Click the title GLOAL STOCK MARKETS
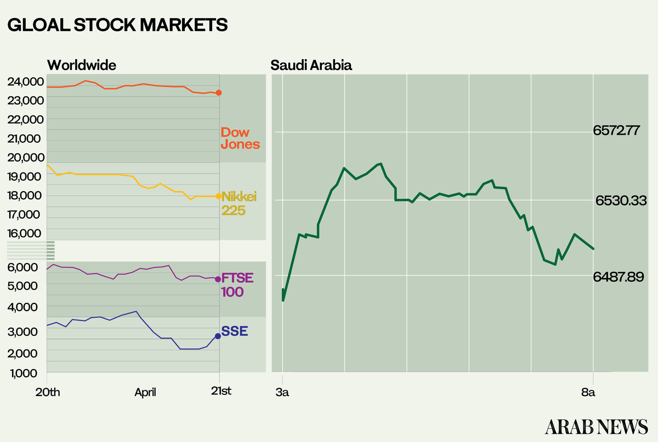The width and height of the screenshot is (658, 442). pos(117,25)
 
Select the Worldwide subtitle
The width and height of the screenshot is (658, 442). pos(82,65)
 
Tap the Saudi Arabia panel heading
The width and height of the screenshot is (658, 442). pos(311,66)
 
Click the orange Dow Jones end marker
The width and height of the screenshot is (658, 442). pos(219,93)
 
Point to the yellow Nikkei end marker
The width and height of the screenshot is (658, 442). pos(218,196)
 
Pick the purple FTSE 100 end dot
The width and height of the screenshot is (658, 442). pos(218,279)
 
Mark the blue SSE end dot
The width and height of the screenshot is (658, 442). pos(218,336)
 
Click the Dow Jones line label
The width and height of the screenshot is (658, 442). pos(240,139)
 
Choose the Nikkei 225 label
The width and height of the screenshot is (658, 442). pos(240,203)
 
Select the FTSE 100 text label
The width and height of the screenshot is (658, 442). pos(237,285)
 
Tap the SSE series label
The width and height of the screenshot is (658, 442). pos(235,331)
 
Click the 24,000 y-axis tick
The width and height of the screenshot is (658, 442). pos(25,82)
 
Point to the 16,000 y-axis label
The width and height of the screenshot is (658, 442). pos(25,234)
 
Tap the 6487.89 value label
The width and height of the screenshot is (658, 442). pos(618,278)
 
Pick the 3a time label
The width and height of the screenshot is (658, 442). pos(283,392)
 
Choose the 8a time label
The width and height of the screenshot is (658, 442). pos(588,392)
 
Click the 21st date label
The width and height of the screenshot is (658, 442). pos(221,392)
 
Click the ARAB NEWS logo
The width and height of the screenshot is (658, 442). pos(596,426)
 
